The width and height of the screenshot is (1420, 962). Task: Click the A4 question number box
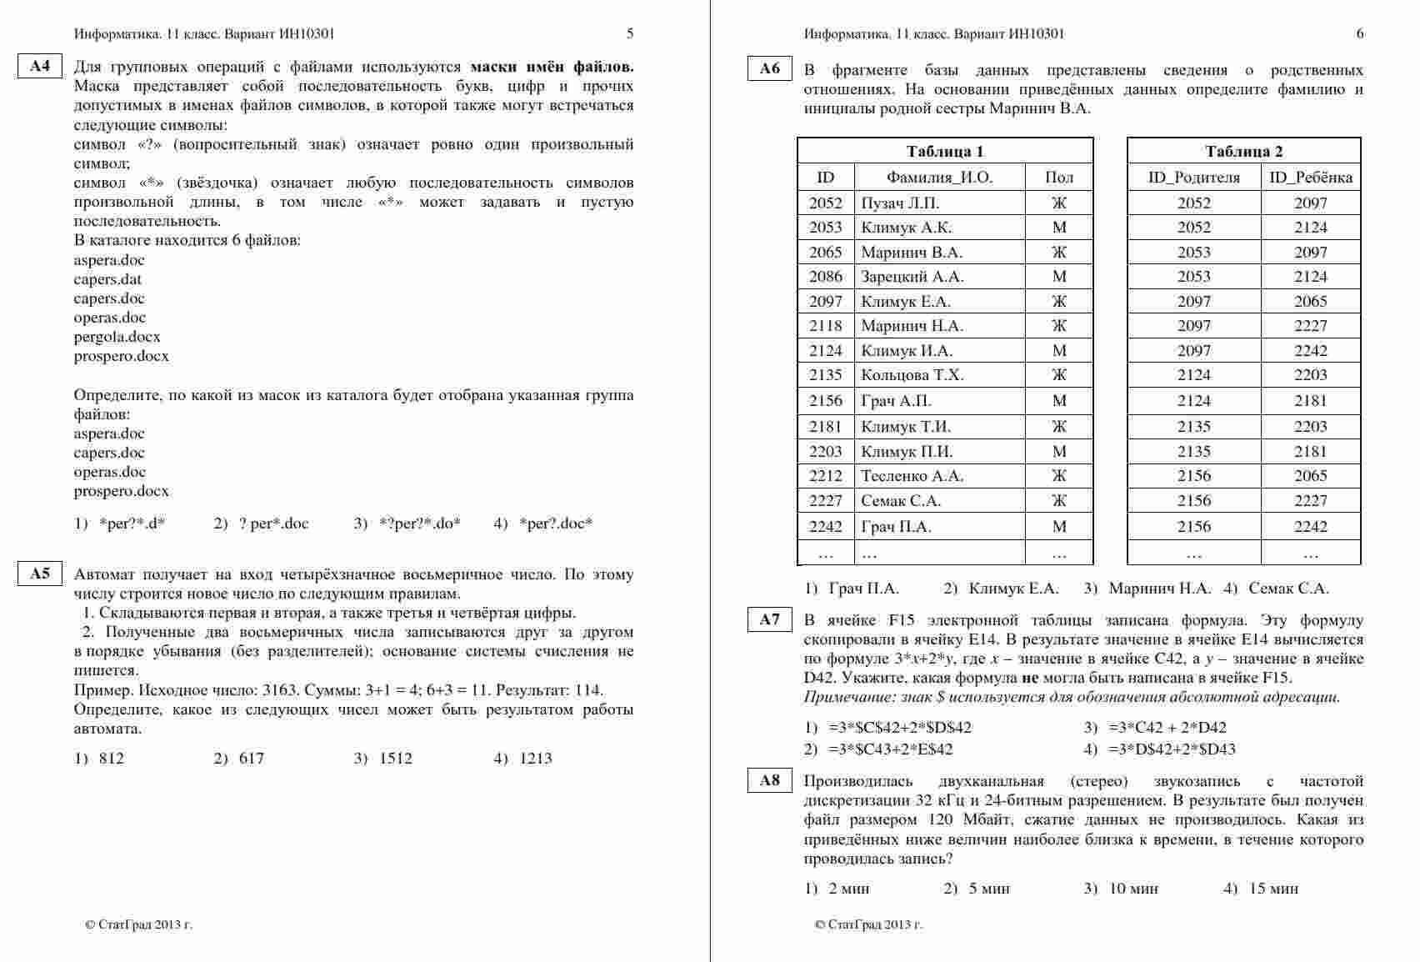40,67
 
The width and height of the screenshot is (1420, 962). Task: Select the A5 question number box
40,574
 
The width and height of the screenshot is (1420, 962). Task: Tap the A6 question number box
770,69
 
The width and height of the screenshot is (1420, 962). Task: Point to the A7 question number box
770,619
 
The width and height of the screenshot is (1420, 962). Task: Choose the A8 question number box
770,780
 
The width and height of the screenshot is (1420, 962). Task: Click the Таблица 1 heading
945,151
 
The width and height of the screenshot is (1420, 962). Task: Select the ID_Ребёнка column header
1310,177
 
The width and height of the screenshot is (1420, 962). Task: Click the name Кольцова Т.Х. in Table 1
912,375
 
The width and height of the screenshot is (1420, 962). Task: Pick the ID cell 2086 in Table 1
825,277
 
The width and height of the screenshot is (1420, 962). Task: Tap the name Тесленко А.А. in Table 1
912,476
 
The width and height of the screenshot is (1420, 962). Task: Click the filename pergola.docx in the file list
117,337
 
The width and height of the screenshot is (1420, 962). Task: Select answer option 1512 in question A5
395,759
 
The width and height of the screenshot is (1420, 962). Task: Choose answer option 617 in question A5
251,759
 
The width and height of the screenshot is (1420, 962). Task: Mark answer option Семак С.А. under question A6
1287,589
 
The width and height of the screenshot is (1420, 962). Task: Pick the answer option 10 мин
1133,889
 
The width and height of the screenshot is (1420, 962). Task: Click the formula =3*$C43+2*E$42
890,749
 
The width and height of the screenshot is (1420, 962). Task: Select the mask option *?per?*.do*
418,524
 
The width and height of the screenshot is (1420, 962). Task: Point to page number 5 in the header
630,34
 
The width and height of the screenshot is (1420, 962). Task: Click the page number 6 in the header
1360,34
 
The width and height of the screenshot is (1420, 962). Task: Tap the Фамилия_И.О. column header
939,177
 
